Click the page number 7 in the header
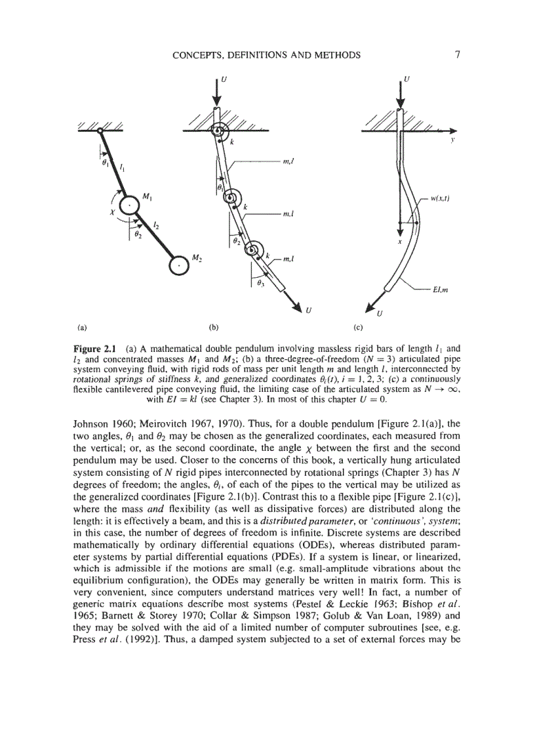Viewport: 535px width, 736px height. coord(456,55)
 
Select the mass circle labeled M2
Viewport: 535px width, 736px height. coord(178,264)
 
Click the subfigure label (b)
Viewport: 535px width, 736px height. coord(213,325)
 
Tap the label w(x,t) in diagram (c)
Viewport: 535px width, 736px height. coord(445,197)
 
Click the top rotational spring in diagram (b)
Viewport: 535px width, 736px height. coord(218,132)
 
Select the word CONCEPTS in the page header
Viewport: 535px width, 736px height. coord(199,55)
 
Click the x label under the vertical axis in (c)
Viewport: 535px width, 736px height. coord(399,241)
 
